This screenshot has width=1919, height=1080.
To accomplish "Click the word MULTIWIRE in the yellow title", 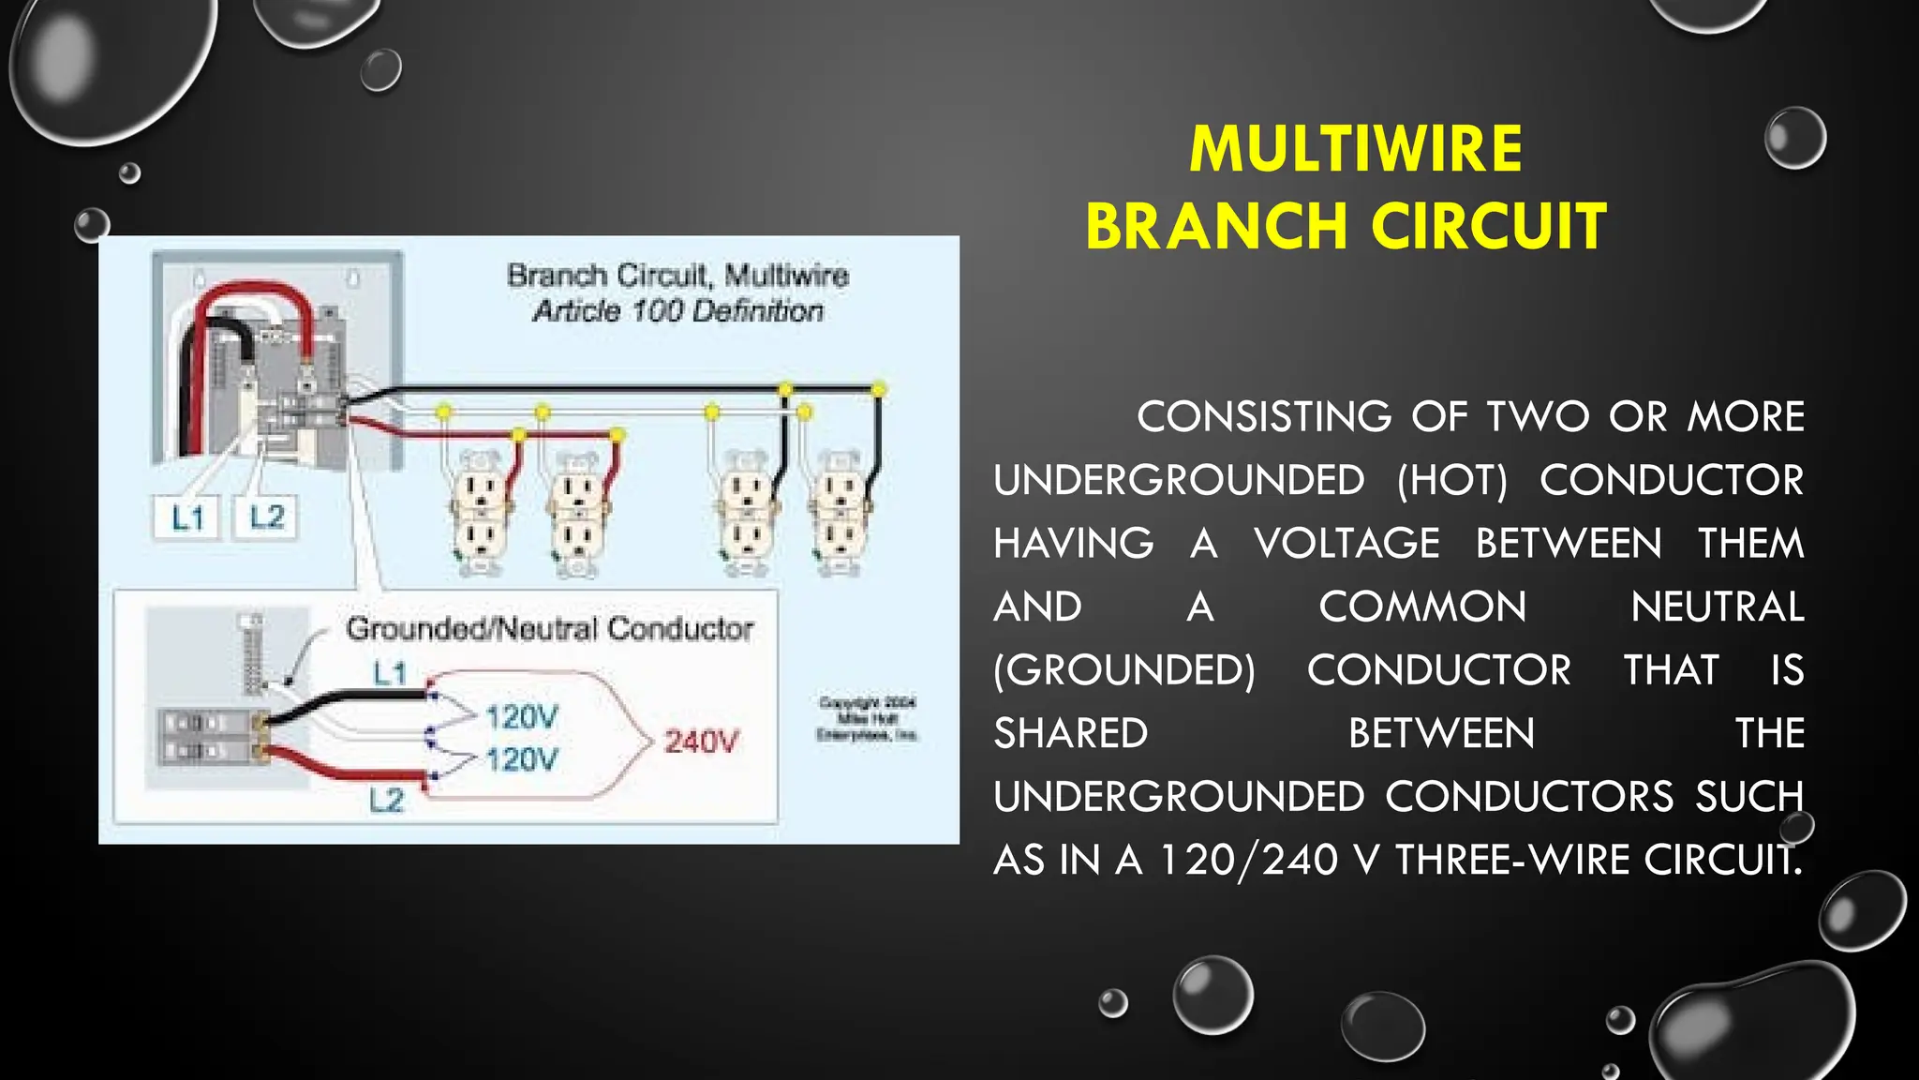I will [x=1355, y=149].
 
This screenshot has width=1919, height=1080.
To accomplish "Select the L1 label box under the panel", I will [x=186, y=517].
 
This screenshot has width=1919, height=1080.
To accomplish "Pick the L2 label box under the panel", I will [x=266, y=517].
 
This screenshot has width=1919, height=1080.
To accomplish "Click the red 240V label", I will [x=701, y=742].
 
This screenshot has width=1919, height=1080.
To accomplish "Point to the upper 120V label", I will [x=521, y=717].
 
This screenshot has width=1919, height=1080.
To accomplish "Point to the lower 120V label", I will [x=521, y=758].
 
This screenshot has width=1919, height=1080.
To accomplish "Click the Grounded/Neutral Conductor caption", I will [x=549, y=628].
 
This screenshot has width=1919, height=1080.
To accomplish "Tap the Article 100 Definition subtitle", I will [x=677, y=310].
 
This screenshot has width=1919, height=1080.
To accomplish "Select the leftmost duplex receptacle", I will [x=481, y=511].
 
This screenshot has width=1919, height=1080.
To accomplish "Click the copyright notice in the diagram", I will [x=867, y=719].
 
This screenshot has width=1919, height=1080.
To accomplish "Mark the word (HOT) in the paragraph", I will [x=1451, y=480].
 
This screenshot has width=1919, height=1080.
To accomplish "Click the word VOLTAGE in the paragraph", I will [x=1346, y=544].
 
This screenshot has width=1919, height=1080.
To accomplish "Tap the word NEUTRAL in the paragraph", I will [x=1717, y=607].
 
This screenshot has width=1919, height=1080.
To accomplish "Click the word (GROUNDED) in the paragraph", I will [x=1124, y=670].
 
